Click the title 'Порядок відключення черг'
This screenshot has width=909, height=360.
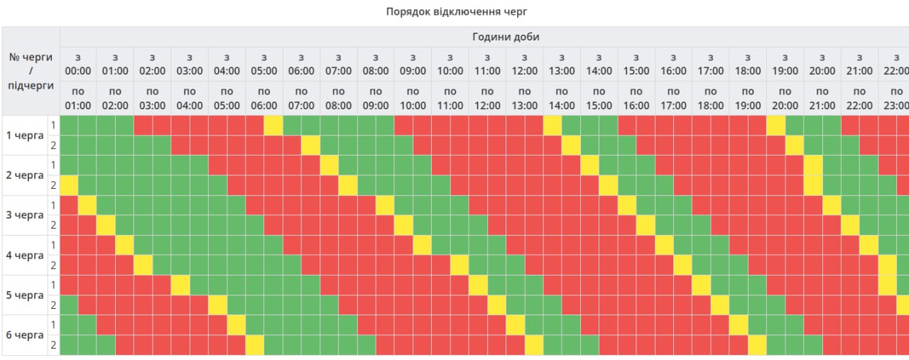457,11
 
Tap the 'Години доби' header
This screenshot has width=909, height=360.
506,37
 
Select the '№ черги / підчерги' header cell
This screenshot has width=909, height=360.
31,71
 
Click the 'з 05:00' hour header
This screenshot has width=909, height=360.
264,64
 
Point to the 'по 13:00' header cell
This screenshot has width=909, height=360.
525,98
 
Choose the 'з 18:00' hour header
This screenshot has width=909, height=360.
748,64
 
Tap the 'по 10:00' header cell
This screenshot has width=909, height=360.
413,98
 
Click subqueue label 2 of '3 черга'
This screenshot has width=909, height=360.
53,225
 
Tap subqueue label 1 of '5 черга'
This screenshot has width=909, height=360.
53,285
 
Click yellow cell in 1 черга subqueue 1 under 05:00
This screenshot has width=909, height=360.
273,125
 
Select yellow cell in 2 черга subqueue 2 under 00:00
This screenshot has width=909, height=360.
69,185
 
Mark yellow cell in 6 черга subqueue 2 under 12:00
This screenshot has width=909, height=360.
534,344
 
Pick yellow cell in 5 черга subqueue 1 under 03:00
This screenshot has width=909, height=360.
180,285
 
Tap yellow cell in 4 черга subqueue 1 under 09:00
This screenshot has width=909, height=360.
422,245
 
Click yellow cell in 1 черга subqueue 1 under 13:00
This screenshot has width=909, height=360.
553,125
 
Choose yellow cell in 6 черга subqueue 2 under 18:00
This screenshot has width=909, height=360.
757,344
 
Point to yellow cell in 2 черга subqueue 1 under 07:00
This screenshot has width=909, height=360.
329,165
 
